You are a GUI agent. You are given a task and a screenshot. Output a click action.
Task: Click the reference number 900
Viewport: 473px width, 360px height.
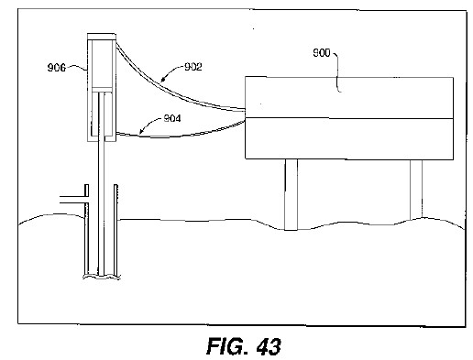coord(322,53)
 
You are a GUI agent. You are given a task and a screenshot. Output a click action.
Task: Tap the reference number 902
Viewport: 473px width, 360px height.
coord(193,67)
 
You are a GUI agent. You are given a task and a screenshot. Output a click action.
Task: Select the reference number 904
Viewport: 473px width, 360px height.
coord(172,118)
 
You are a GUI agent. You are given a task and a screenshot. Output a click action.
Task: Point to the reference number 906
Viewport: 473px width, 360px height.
coord(57,68)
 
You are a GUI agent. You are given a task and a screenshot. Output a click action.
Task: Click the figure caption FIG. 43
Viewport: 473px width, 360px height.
coord(244,346)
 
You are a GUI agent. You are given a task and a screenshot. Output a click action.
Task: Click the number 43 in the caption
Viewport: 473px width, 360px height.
coord(269,346)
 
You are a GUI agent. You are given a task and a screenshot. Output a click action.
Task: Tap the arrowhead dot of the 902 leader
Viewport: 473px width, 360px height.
coord(163,80)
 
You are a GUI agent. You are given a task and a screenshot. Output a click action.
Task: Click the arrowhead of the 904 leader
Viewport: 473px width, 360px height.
coord(140,133)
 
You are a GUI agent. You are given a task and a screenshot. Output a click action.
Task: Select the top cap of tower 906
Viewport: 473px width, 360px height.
coord(102,37)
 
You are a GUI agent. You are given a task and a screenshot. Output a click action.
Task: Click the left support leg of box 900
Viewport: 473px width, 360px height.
coord(291,194)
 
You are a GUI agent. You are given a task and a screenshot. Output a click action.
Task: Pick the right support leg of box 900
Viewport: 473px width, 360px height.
coord(416,189)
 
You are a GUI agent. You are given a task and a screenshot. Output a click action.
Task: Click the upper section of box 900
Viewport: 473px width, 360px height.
coord(349,98)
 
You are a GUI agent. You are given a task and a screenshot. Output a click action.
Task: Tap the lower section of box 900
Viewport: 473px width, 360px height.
coord(349,138)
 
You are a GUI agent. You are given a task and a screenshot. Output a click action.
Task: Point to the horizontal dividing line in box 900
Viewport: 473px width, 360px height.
coord(349,118)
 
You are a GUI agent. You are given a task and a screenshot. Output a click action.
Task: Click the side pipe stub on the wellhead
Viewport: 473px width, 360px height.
coord(72,200)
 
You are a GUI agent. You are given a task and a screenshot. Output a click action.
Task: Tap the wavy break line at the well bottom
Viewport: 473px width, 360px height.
coord(102,277)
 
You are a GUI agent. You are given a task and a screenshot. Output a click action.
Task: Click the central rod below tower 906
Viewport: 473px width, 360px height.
coord(102,183)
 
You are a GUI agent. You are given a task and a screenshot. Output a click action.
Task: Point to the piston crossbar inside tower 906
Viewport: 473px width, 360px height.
coord(102,90)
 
